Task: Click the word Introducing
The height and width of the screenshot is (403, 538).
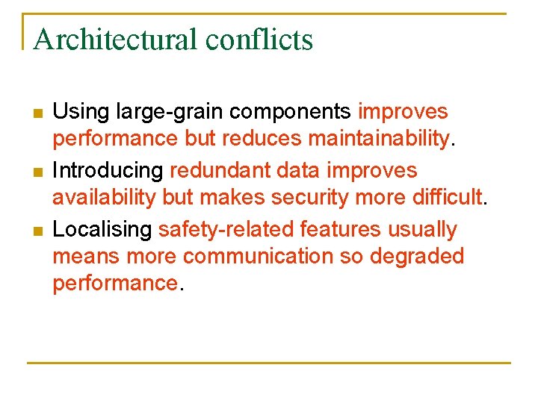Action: (108, 171)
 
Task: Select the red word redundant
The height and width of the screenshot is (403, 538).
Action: (220, 171)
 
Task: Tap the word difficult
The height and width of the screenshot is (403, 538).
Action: (445, 199)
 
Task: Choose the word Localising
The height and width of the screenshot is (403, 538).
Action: (103, 230)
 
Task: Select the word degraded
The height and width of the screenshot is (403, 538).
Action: (415, 257)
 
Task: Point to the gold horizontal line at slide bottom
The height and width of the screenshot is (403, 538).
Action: (269, 363)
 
